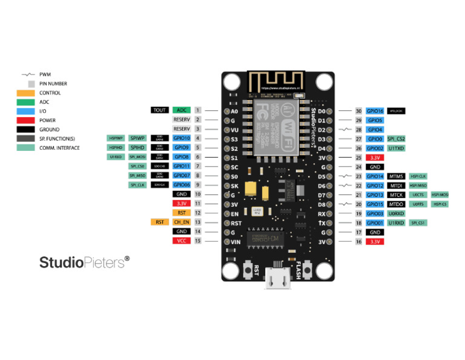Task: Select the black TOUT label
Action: (160, 110)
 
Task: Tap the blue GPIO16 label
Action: (375, 112)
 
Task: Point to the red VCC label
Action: (182, 241)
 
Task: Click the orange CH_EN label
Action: (182, 222)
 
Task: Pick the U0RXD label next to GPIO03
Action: (396, 213)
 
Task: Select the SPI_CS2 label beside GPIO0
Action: (396, 139)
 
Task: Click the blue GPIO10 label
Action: (182, 138)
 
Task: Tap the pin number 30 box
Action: (358, 112)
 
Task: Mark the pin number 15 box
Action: (197, 241)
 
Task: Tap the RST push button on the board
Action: (248, 270)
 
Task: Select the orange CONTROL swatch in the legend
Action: (25, 93)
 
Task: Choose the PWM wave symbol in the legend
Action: (27, 75)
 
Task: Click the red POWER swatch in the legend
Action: (25, 120)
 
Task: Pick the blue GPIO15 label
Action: (375, 204)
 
